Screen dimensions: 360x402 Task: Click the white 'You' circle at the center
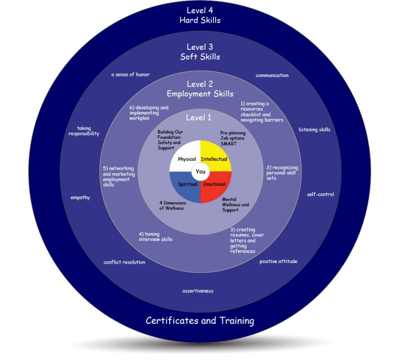[x=200, y=171]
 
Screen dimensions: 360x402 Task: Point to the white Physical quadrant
[x=185, y=156]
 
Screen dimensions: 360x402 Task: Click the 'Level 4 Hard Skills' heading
[x=200, y=15]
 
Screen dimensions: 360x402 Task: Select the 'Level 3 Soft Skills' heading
[x=200, y=51]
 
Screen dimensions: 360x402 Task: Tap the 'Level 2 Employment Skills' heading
[x=200, y=89]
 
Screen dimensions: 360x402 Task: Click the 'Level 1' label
[x=198, y=117]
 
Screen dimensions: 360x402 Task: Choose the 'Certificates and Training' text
[x=200, y=320]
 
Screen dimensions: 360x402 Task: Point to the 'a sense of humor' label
[x=130, y=74]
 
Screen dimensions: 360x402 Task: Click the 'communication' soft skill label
[x=272, y=75]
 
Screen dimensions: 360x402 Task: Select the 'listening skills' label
[x=314, y=129]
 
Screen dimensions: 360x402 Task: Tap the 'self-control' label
[x=320, y=194]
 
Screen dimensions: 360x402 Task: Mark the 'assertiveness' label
[x=198, y=290]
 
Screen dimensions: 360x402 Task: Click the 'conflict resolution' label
[x=124, y=262]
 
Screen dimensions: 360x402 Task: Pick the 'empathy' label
[x=80, y=198]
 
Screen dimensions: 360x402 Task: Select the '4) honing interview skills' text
[x=155, y=236]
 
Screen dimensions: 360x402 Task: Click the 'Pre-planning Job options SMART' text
[x=232, y=138]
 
